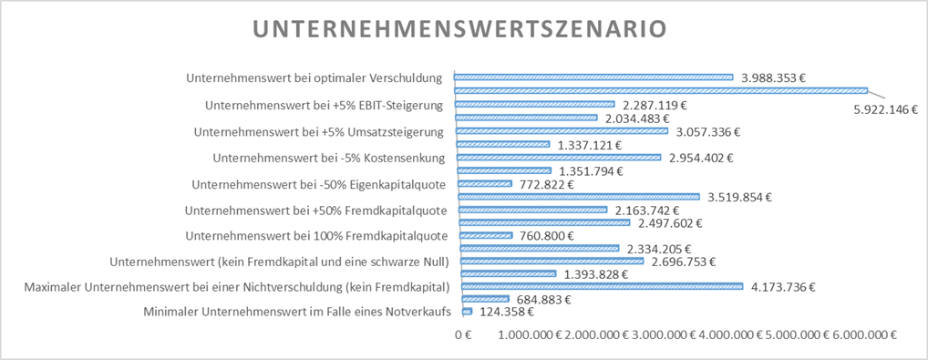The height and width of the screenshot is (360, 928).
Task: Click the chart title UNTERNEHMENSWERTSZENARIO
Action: (464, 29)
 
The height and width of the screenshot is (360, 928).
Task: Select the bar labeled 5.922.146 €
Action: (660, 90)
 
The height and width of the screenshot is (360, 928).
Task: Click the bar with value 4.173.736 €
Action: (603, 286)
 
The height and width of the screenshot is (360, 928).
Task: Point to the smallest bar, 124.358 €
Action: (467, 312)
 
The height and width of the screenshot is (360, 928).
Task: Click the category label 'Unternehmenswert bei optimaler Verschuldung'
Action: (314, 78)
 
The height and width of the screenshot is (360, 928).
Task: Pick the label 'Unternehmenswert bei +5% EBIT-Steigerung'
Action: (325, 105)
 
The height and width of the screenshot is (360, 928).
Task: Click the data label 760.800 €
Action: (546, 236)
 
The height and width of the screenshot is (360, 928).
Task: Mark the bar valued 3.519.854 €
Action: (578, 196)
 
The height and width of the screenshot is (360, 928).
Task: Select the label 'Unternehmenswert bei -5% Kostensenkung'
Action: (328, 158)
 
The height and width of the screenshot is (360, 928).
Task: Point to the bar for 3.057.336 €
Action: (562, 130)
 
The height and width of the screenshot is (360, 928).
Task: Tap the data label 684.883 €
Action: (544, 300)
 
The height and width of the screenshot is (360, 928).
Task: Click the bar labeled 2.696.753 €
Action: (552, 261)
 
